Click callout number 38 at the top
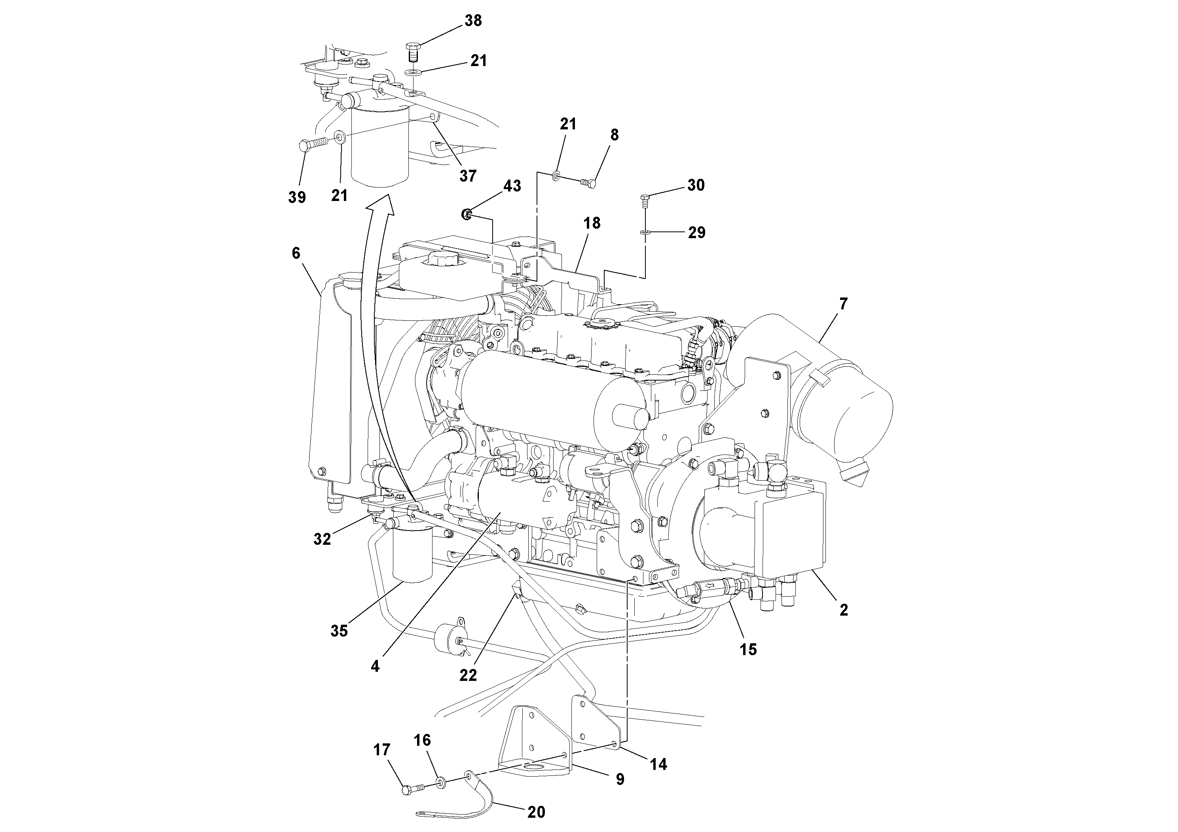pos(473,21)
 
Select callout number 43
pos(512,186)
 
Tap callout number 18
pos(592,223)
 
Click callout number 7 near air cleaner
pos(843,304)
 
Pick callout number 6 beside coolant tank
pos(296,253)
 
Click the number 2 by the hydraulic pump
pos(844,610)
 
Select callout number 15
pos(747,649)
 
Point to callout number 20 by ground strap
pos(536,812)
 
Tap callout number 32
pos(322,539)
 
